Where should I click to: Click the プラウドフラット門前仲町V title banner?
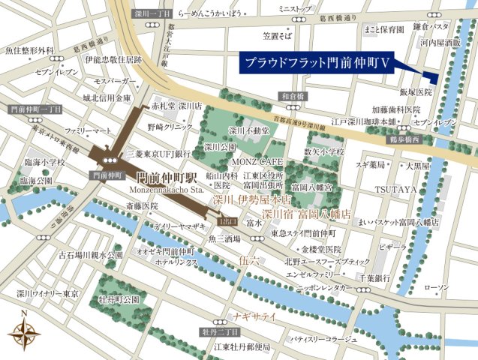[x=320, y=62]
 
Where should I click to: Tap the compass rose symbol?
[x=24, y=330]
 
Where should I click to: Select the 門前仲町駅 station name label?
[x=167, y=179]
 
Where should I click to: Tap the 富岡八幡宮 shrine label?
[x=313, y=186]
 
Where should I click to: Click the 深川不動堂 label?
[x=248, y=130]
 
